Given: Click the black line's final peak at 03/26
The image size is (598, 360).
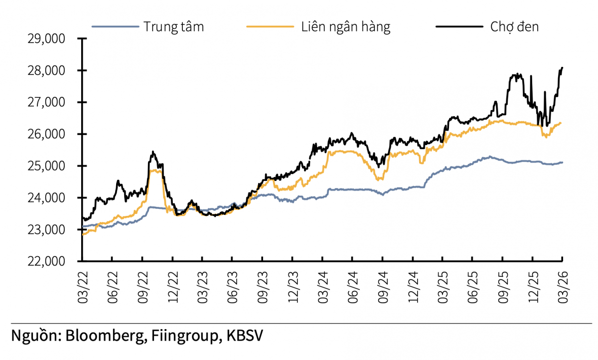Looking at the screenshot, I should click(562, 67).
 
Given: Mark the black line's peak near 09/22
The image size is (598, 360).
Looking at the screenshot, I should click(153, 152).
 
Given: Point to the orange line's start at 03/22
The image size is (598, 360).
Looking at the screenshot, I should click(83, 234).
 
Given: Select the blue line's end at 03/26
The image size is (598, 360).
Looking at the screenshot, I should click(562, 162).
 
